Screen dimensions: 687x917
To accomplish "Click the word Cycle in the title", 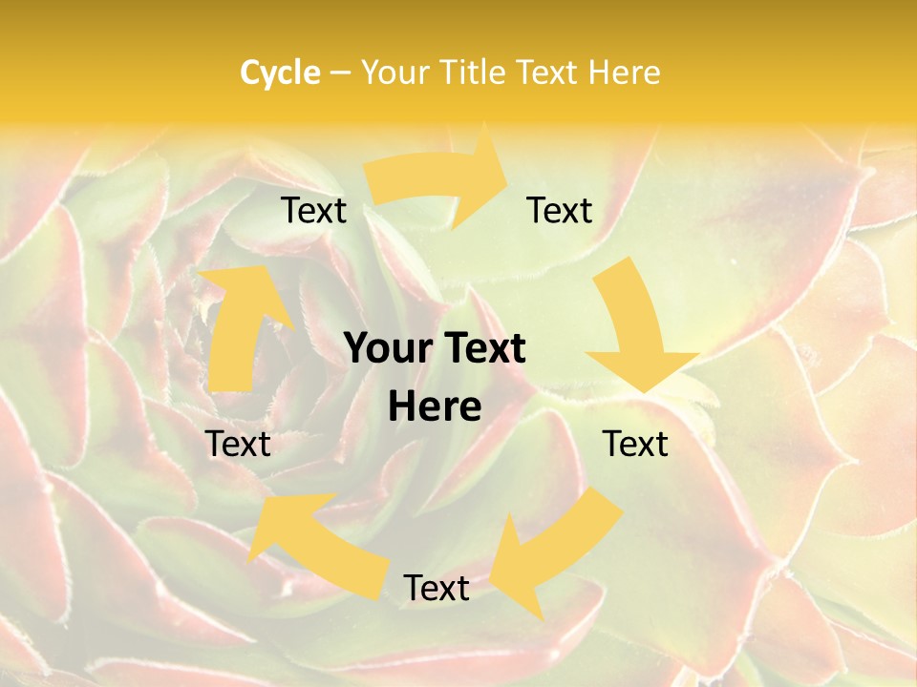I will point(280,73).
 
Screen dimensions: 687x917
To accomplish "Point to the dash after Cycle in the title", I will point(340,73).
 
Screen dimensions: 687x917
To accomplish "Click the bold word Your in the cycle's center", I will point(381,349).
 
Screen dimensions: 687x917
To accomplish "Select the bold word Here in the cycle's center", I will point(435,407).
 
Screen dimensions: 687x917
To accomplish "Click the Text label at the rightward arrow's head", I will point(560,210).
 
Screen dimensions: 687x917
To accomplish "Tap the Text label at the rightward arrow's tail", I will point(313,210).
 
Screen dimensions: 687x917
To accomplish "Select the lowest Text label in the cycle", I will point(436,588).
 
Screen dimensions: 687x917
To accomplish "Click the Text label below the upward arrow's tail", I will point(238,444).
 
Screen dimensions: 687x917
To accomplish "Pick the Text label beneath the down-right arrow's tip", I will point(635,444).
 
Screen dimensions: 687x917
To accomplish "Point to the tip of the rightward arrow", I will point(506,173).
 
